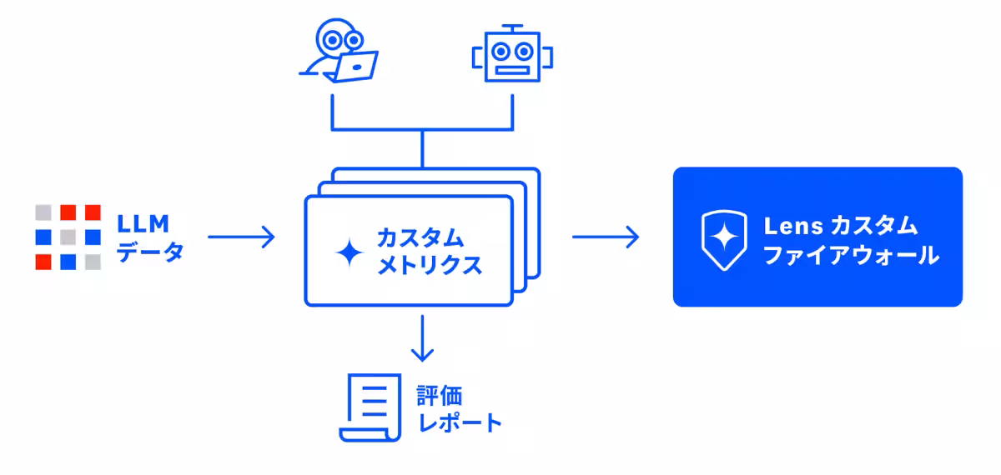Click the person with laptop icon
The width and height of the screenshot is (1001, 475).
(338, 52)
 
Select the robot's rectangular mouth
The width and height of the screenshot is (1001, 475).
(512, 70)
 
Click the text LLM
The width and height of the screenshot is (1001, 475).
(143, 223)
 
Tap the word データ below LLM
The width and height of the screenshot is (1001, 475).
(150, 252)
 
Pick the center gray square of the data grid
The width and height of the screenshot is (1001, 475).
(68, 237)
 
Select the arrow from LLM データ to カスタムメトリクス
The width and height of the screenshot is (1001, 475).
(241, 237)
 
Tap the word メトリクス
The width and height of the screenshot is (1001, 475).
(430, 265)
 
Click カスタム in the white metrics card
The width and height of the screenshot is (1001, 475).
(420, 237)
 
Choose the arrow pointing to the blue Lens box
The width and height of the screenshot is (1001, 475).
(606, 237)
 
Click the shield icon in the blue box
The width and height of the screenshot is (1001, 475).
(722, 240)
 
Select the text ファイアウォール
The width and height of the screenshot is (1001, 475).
(851, 254)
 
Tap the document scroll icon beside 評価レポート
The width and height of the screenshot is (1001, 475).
(367, 407)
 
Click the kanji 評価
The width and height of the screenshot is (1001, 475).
(440, 394)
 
